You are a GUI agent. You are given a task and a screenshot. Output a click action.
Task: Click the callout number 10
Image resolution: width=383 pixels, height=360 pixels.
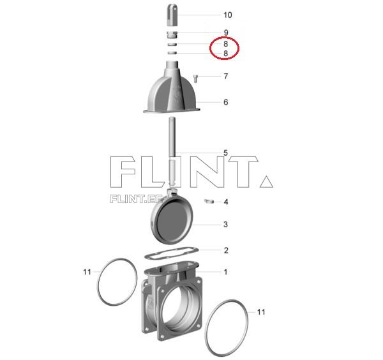point(228,15)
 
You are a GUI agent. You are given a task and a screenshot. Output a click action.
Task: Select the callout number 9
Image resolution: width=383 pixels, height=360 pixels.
point(226,33)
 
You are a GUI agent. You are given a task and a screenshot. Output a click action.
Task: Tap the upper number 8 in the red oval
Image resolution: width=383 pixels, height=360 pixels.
point(225,44)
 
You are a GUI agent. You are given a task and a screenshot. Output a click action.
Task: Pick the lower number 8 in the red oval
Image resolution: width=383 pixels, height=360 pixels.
point(225,53)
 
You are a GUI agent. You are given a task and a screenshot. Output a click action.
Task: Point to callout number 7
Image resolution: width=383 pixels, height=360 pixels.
point(226,76)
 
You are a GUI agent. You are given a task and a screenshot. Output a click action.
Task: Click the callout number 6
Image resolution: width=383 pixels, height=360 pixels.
point(226,102)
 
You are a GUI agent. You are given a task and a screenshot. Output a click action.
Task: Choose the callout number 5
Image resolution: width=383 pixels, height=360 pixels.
point(225,153)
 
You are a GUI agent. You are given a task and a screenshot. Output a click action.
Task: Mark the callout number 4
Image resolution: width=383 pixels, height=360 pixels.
point(226,202)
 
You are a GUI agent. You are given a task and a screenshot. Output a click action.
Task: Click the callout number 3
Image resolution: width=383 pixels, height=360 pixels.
point(225,224)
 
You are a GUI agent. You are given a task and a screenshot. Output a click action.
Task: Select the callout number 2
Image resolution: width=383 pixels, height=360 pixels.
point(226,250)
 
